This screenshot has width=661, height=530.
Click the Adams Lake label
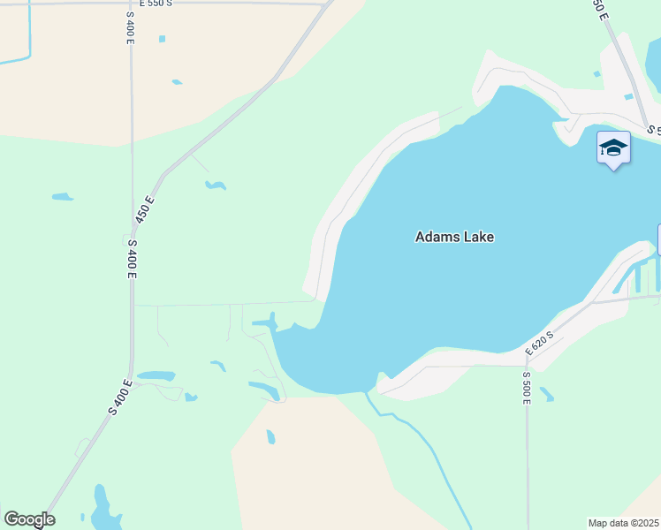[x=454, y=237]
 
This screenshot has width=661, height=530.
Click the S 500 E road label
[x=526, y=388]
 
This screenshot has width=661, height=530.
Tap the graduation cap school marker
[x=613, y=148]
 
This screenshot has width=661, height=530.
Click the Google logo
[x=29, y=519]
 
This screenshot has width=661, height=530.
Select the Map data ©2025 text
[x=623, y=523]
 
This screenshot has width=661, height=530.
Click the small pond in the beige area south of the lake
[x=270, y=436]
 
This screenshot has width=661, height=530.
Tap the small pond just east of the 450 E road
[x=215, y=185]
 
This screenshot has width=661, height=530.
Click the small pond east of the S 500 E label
[x=547, y=394]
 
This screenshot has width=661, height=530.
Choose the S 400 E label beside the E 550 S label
[x=132, y=27]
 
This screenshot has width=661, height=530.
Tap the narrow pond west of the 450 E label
[x=62, y=196]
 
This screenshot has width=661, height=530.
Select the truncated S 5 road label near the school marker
[x=653, y=129]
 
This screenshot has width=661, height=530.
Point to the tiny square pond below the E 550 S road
[x=162, y=39]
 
